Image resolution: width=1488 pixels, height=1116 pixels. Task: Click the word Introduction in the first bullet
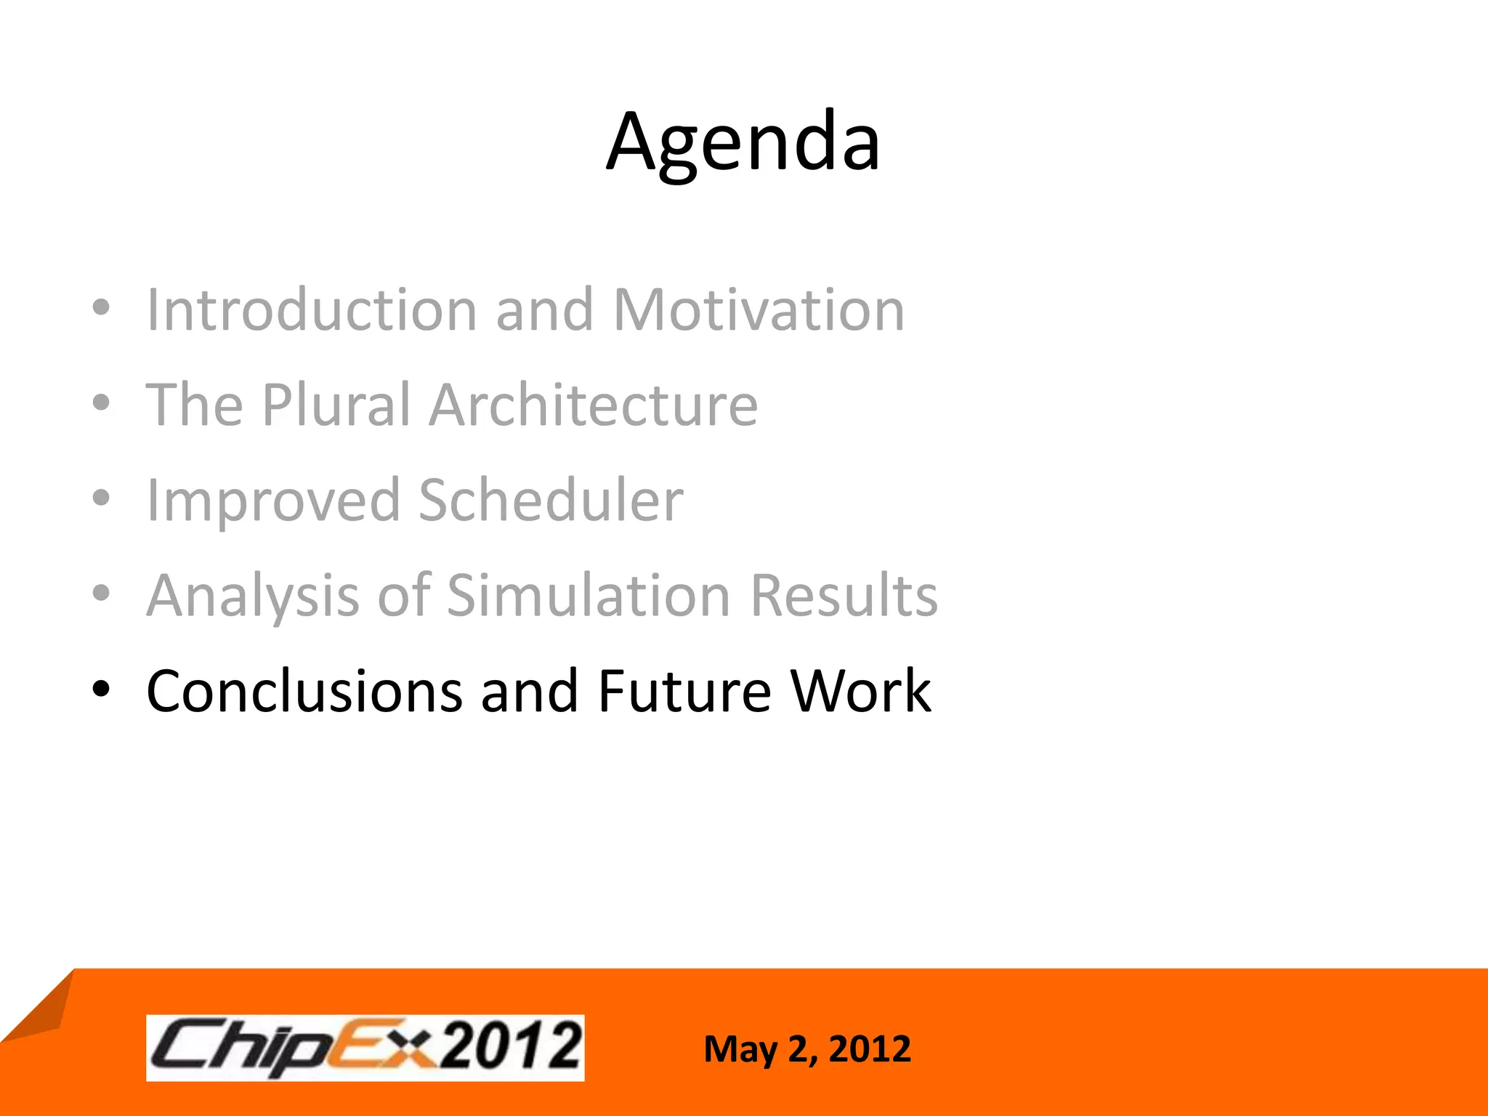[x=312, y=310]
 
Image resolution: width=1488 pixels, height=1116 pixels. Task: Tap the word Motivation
[x=759, y=310]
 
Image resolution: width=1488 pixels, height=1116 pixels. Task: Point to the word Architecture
[x=593, y=405]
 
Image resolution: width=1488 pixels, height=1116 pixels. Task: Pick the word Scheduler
[x=551, y=501]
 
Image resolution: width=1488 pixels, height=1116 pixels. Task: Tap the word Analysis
[x=253, y=597]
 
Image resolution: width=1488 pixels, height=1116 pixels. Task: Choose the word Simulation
[x=589, y=597]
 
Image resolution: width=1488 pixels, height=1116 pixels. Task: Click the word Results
[x=844, y=597]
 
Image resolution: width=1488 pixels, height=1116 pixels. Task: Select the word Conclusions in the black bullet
[x=304, y=692]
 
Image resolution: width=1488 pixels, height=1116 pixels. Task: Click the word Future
[x=684, y=692]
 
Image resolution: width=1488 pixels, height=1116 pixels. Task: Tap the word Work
[x=861, y=692]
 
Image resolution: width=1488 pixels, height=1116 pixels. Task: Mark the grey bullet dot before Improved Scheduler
[x=102, y=498]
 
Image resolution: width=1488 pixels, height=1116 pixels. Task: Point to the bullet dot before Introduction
[x=102, y=307]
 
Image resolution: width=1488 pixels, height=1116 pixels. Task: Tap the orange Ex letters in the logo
[x=378, y=1046]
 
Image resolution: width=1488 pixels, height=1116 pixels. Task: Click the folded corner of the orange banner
[x=40, y=1010]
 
